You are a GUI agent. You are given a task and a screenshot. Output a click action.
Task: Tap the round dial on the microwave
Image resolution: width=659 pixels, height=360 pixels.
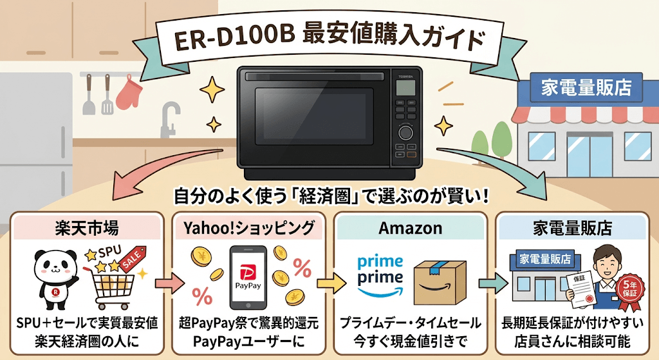(406, 133)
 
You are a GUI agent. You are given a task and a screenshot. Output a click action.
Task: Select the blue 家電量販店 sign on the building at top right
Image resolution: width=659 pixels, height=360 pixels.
(584, 86)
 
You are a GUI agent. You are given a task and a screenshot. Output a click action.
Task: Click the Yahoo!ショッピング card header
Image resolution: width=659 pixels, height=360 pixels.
(250, 227)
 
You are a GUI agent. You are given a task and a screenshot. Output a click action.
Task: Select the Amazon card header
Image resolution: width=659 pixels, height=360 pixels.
(410, 227)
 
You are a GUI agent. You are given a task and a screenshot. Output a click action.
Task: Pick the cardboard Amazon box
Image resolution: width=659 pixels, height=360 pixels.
(441, 281)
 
